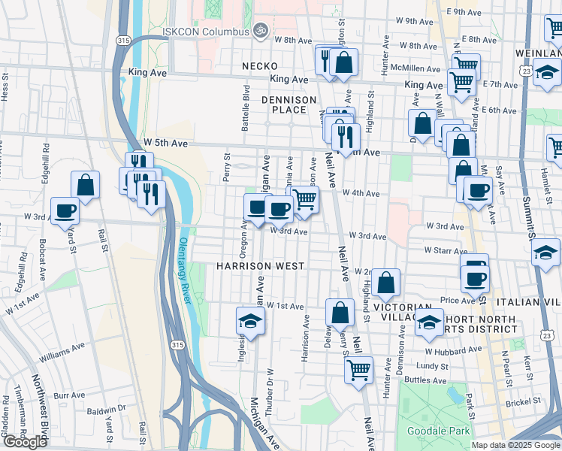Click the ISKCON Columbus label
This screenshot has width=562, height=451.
point(205,32)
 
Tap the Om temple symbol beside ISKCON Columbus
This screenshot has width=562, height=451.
point(260,31)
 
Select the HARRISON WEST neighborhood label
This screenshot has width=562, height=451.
point(260,266)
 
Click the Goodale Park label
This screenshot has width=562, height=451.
point(438,431)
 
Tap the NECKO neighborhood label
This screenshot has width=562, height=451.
point(260,66)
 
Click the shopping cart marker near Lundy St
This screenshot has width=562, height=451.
point(358,369)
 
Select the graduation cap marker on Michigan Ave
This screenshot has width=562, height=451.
point(250,321)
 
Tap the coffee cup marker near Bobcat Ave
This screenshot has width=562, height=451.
point(65,210)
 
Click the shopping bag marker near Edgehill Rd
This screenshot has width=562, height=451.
point(86,185)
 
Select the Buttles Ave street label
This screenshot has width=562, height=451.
point(425,381)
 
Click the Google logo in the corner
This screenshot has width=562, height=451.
point(25,442)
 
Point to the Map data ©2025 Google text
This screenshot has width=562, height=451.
point(515,445)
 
